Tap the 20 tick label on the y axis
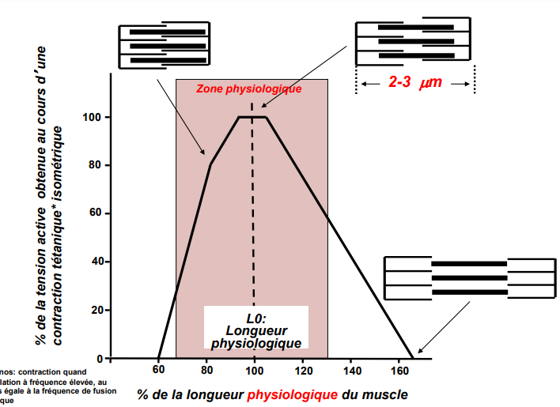point(97,310)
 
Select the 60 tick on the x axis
point(159,359)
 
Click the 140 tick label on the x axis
point(352,371)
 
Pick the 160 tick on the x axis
point(401,359)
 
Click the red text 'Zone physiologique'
point(249,89)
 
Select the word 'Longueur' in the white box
point(255,330)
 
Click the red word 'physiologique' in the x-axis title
point(293,394)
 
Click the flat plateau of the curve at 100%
point(252,118)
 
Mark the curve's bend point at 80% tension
point(210,164)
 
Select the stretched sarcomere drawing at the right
point(469,278)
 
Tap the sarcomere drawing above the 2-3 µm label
point(413,40)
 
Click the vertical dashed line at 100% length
point(253,205)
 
